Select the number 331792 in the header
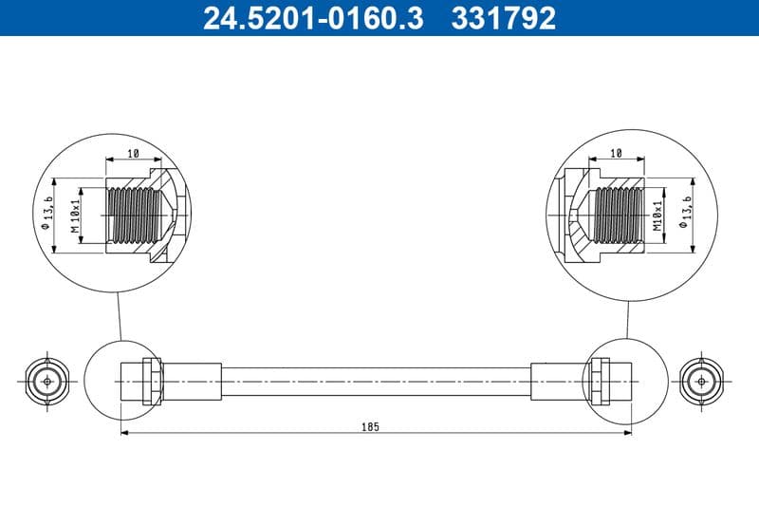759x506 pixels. click(x=506, y=18)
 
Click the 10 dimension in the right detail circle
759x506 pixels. click(x=616, y=152)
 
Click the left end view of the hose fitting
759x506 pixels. click(x=45, y=381)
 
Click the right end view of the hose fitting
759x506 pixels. click(x=701, y=381)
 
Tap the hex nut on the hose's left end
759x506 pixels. click(x=150, y=381)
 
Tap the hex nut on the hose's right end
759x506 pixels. click(x=599, y=381)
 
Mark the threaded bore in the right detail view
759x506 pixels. click(x=619, y=215)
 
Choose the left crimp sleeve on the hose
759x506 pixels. click(x=192, y=381)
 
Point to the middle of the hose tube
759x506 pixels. click(x=376, y=381)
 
